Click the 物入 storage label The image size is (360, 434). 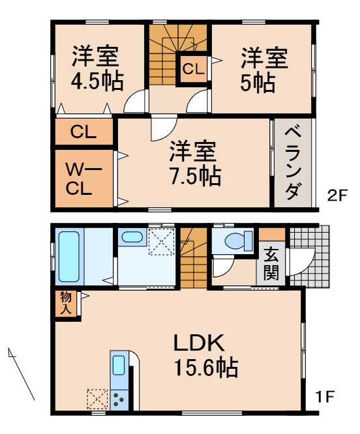(66, 303)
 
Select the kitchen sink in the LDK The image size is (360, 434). (119, 366)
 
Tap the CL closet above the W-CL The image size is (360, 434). (83, 132)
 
